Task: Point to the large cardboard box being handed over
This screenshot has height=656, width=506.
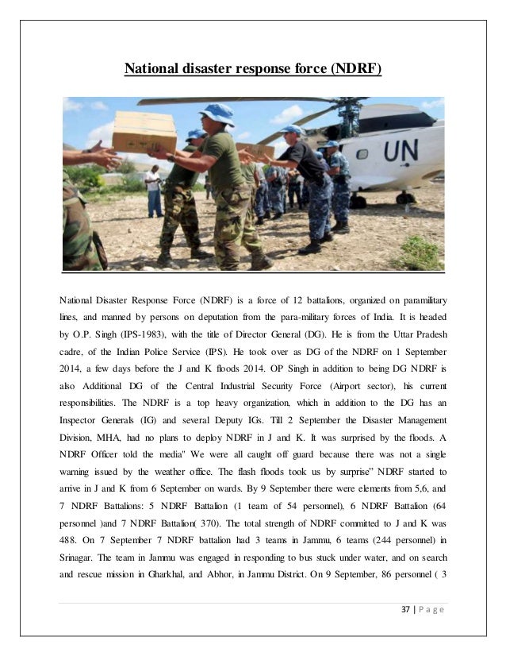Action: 144,131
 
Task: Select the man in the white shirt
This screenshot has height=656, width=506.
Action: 153,191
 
